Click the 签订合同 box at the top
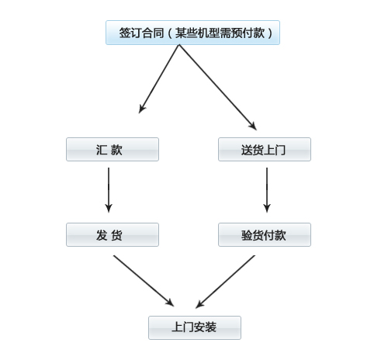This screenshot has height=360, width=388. click(192, 33)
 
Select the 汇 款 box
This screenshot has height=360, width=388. click(113, 150)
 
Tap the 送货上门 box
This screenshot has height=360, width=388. click(265, 150)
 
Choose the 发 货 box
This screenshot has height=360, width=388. click(113, 235)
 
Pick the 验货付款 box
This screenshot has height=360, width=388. click(265, 235)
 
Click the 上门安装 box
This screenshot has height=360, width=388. click(195, 327)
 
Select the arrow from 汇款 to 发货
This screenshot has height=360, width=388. click(109, 190)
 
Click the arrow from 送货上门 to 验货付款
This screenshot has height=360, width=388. click(267, 190)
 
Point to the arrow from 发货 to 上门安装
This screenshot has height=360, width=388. click(144, 281)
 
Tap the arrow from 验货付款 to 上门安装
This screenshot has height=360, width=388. click(225, 282)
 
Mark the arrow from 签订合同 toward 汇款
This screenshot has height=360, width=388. click(159, 79)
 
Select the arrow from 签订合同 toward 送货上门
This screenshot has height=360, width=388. click(218, 88)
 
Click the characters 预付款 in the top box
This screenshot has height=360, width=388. click(248, 33)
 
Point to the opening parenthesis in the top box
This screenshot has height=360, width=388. click(170, 33)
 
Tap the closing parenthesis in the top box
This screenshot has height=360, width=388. click(270, 33)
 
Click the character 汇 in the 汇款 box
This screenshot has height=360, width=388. click(101, 150)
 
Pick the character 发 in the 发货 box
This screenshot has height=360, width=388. click(102, 235)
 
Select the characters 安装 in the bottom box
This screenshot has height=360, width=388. click(205, 327)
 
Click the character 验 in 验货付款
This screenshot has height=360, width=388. click(247, 235)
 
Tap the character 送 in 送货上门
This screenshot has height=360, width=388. click(247, 150)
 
